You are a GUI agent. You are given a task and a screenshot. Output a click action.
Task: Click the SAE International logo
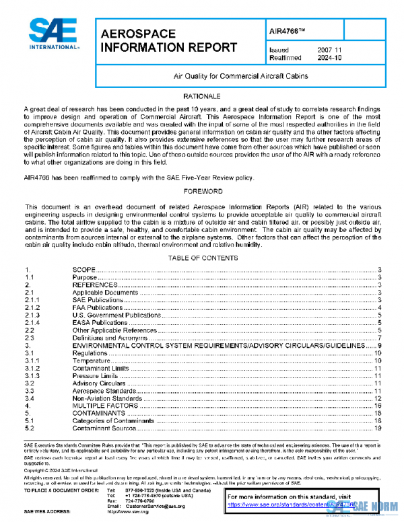click(55, 36)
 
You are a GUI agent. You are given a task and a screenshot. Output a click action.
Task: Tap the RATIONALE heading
click(202, 98)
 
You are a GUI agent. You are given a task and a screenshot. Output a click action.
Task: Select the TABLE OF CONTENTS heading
click(202, 258)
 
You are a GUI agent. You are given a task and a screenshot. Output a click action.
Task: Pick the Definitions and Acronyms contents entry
click(110, 338)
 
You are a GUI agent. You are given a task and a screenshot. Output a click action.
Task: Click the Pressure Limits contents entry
click(95, 375)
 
